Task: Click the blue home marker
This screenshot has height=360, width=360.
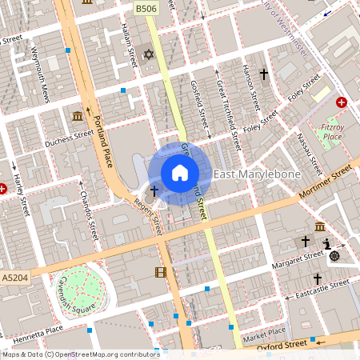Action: click(180, 172)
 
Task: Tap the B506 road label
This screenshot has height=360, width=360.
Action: click(145, 8)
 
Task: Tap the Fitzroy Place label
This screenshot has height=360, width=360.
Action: click(330, 131)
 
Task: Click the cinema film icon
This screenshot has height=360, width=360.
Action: click(161, 272)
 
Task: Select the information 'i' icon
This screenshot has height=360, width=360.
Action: click(326, 244)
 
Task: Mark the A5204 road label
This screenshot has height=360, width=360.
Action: click(13, 277)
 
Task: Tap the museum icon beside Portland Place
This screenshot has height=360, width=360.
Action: click(77, 117)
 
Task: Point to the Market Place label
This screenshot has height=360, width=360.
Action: click(265, 333)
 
